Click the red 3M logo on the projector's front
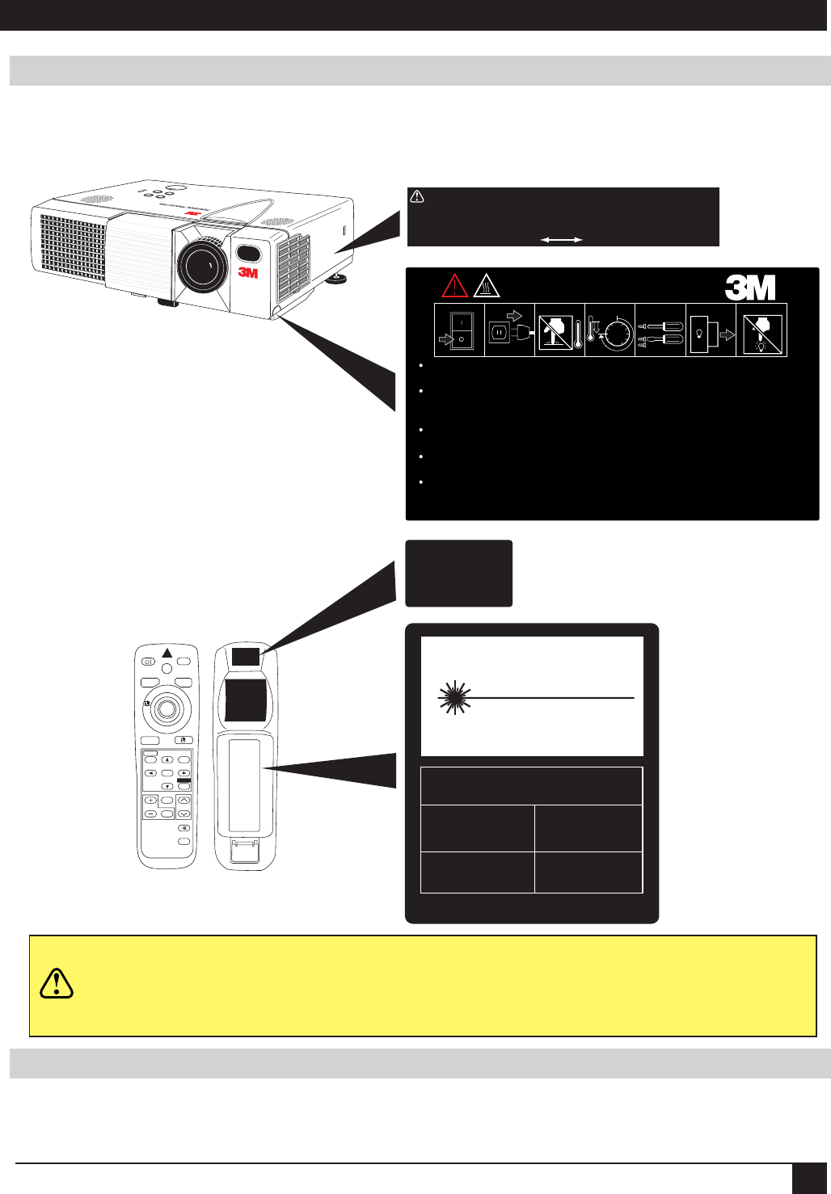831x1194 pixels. tap(248, 273)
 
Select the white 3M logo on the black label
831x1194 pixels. tap(750, 287)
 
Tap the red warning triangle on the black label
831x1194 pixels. tap(455, 285)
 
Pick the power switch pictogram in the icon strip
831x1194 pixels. tap(459, 330)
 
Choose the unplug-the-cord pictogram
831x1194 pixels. tap(509, 330)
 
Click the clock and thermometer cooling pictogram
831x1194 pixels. tap(610, 330)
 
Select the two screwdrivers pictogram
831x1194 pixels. tap(660, 330)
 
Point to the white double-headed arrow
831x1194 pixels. tap(562, 240)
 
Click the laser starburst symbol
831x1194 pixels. tap(454, 697)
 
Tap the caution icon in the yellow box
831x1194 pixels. tap(57, 982)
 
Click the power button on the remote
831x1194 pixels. tap(148, 661)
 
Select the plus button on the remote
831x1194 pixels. tap(150, 800)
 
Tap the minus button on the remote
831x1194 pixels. tap(150, 814)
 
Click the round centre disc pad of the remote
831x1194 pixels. tap(167, 708)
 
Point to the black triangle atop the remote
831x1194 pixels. tap(167, 653)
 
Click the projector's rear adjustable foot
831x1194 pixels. tap(338, 280)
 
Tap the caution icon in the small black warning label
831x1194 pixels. tap(417, 196)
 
